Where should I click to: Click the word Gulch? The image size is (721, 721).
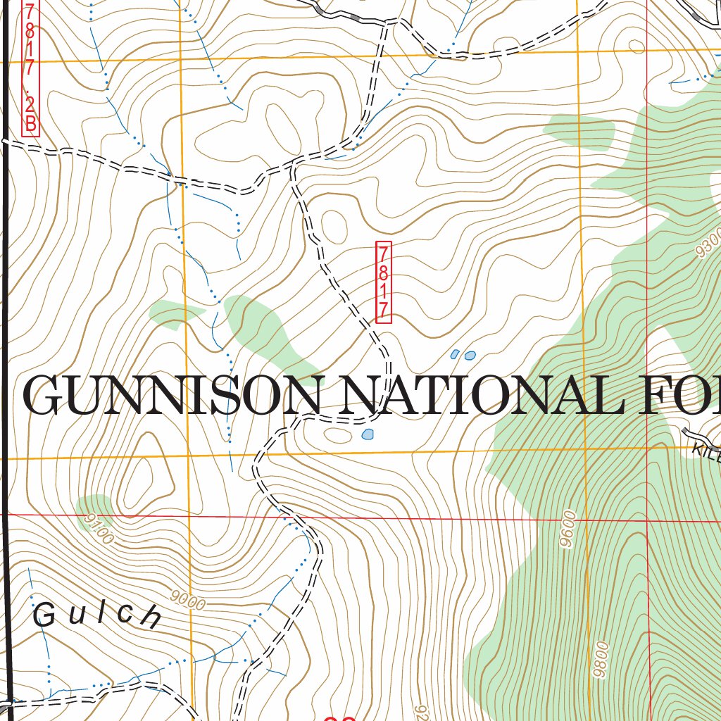pos(97,615)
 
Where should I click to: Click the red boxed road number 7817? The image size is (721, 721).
pos(384,282)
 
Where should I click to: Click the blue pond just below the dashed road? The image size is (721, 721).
pos(368,435)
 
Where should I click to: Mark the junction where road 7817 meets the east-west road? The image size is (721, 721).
pos(292,166)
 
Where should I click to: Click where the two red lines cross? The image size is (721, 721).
pos(646,519)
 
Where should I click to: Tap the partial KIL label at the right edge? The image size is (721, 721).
pos(706,452)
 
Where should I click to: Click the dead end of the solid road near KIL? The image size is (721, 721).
pos(684,430)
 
